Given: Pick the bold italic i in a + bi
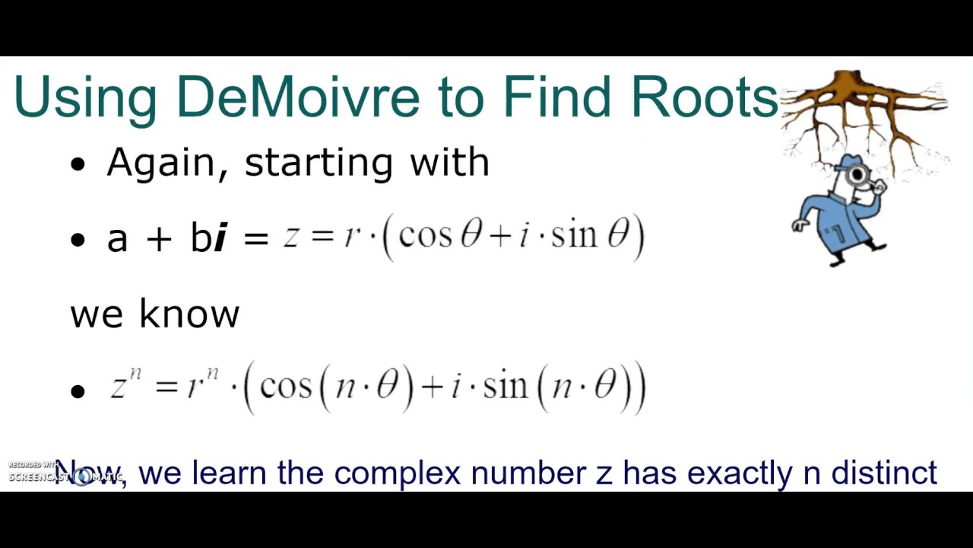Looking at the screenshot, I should pos(220,238).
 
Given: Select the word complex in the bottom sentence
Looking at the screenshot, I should pos(397,473).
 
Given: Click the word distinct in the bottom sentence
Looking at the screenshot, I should pos(883,473).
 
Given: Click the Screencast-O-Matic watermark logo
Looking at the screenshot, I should pos(65,474).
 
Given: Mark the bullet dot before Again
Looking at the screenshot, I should pos(78,164).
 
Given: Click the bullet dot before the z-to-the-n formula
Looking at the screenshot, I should pos(78,391).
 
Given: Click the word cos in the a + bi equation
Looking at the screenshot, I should pos(426,236).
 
